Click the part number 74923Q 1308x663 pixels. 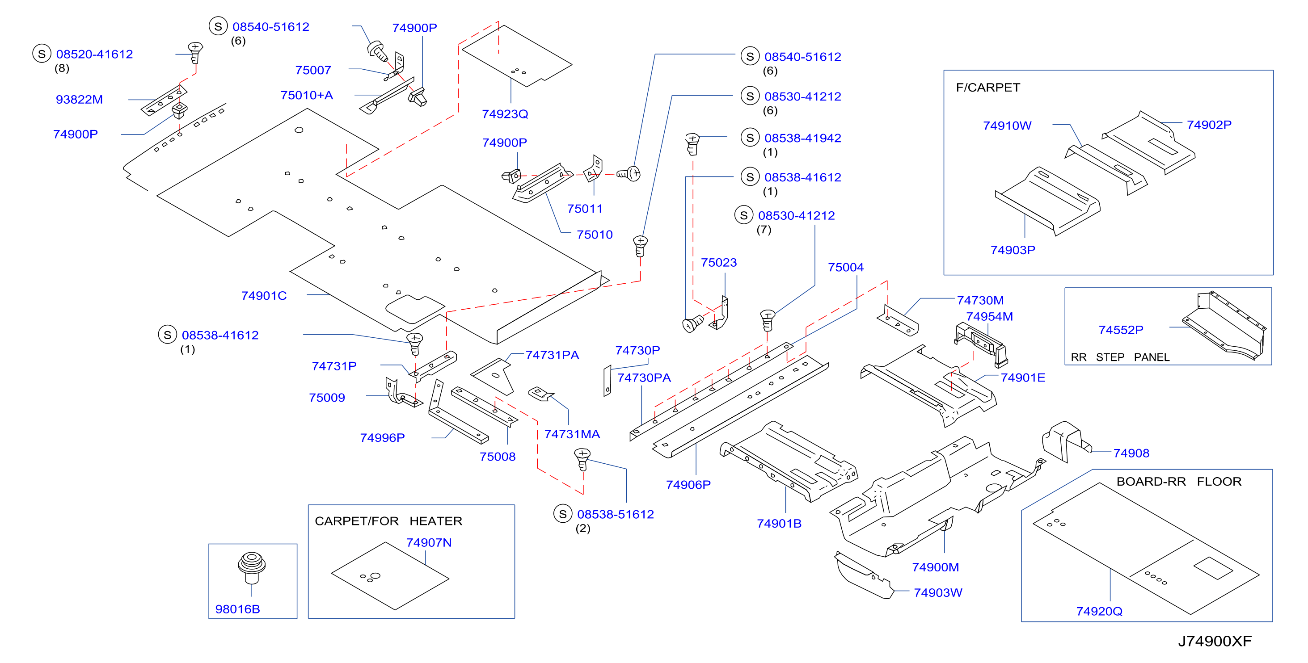click(x=505, y=114)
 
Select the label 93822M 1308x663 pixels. click(x=79, y=100)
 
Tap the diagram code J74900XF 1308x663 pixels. click(x=1215, y=641)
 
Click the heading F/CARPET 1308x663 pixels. click(x=987, y=87)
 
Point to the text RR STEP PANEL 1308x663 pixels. click(x=1120, y=357)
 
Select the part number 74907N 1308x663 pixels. click(x=429, y=543)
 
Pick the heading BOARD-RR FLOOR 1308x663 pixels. click(x=1178, y=481)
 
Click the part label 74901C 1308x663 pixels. click(x=264, y=296)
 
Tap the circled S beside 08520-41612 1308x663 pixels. click(x=42, y=54)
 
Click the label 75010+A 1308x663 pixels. click(x=307, y=96)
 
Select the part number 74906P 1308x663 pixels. click(x=688, y=485)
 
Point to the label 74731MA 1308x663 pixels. click(x=572, y=434)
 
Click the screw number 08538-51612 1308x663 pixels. click(x=616, y=514)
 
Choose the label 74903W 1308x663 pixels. click(x=937, y=593)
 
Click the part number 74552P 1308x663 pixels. click(x=1121, y=330)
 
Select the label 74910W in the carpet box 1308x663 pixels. click(x=1007, y=126)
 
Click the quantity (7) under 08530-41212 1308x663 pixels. click(x=764, y=230)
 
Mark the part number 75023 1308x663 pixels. click(x=718, y=262)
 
